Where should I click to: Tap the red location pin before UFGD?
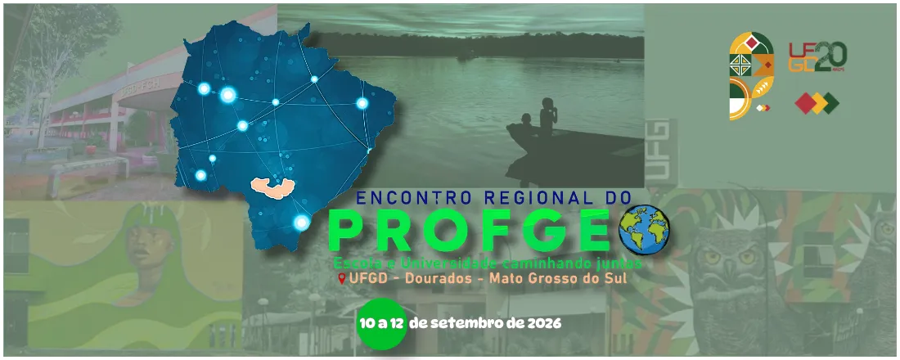click(x=341, y=279)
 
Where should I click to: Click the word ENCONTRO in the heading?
click(x=405, y=198)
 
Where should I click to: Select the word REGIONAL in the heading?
click(x=522, y=198)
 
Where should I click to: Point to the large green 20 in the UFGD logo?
click(x=829, y=56)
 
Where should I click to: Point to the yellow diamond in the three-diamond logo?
click(x=817, y=104)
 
